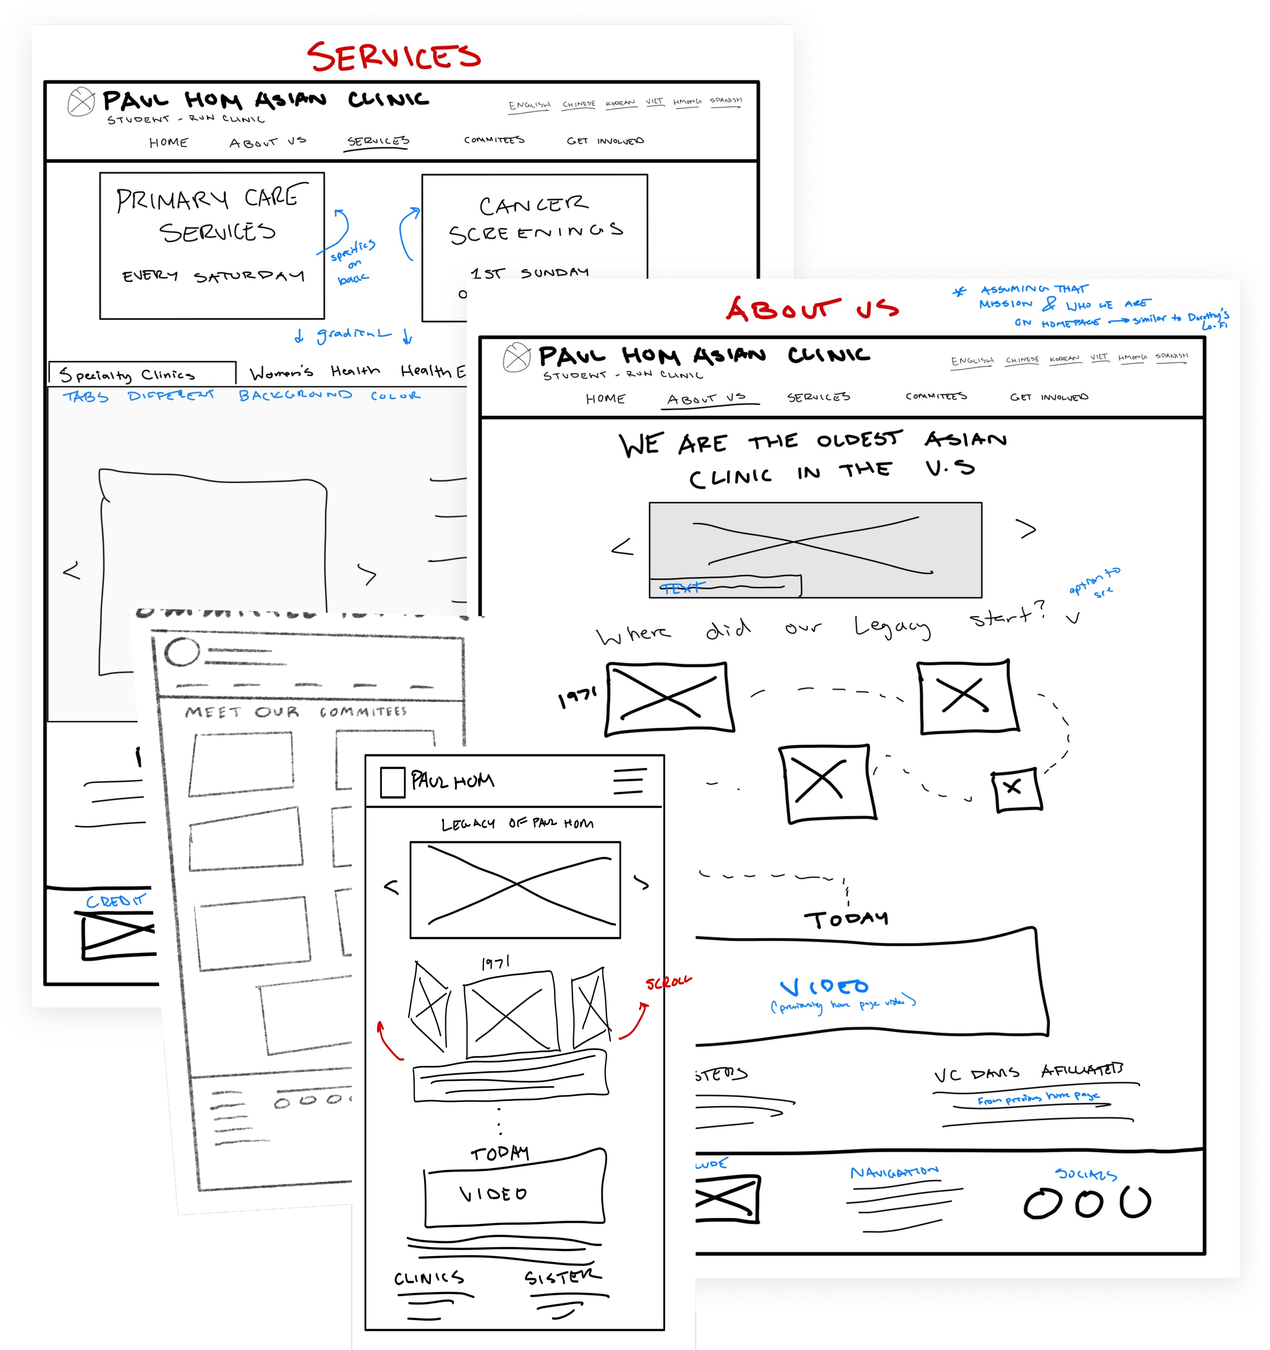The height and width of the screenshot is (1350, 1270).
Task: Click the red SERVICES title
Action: [394, 57]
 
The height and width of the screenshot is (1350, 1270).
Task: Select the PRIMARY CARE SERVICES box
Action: [212, 245]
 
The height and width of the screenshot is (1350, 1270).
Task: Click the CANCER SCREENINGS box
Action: [534, 231]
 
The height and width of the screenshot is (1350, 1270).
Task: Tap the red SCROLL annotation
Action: [669, 982]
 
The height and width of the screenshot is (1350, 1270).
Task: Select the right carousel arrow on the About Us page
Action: [1028, 529]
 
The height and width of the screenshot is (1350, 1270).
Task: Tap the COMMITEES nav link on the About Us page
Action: [936, 396]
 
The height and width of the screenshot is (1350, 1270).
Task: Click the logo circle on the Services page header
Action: [81, 103]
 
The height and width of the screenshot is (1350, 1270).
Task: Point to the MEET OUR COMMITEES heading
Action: [296, 712]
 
